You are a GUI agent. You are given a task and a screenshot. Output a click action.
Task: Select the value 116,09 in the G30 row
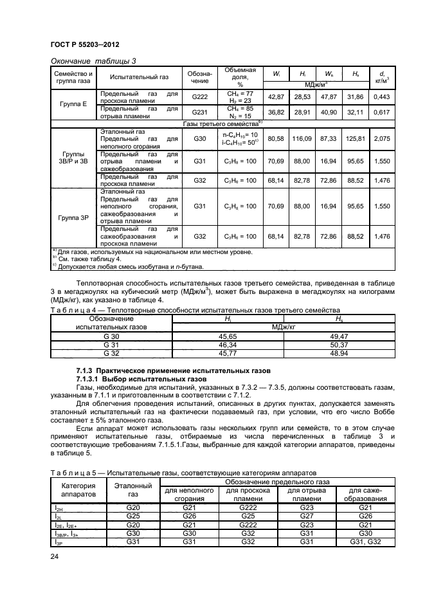pos(300,139)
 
